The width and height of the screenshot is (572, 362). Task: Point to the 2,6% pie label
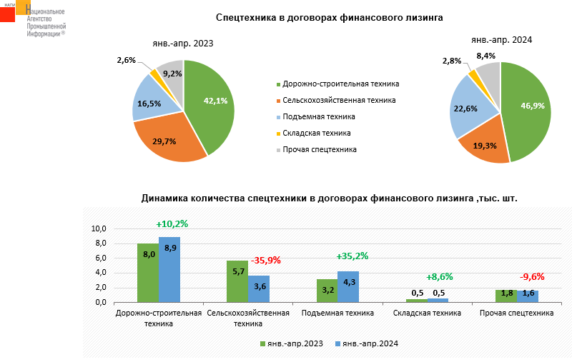pos(127,61)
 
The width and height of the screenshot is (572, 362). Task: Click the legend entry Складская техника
pos(316,133)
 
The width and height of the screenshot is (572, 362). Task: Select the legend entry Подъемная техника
pos(319,116)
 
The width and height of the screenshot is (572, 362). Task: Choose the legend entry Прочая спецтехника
pos(319,149)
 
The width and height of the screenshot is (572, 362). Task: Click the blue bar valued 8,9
pos(169,270)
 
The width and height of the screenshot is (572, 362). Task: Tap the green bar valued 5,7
pos(237,281)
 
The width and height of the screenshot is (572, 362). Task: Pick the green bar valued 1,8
pos(506,296)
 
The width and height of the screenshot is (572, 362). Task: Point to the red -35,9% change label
pos(266,261)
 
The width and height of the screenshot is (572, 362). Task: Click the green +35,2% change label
pos(352,256)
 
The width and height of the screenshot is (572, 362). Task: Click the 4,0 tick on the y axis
pos(99,273)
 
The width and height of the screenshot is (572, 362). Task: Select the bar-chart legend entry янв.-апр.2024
pos(365,343)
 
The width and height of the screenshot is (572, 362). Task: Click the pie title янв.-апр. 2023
pos(183,44)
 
